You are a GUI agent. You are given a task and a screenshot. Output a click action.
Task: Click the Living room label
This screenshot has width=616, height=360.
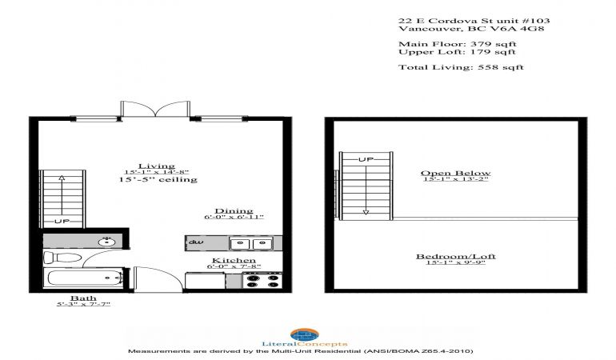click(156, 166)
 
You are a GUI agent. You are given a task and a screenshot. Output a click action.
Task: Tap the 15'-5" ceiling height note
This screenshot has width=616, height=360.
click(158, 180)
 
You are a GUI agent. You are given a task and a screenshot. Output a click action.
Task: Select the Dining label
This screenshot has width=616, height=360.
click(234, 211)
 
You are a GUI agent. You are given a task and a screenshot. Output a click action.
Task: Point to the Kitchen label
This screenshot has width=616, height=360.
click(234, 260)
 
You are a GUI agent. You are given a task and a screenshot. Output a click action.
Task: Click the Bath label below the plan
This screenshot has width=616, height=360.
click(83, 298)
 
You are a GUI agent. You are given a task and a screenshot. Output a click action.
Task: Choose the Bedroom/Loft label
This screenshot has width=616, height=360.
click(456, 256)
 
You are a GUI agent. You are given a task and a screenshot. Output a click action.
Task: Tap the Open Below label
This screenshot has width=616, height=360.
click(456, 173)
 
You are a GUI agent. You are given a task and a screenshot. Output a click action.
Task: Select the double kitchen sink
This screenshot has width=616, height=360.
click(251, 244)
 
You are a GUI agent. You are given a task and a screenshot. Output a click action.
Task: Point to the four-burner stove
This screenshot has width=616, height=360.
click(262, 281)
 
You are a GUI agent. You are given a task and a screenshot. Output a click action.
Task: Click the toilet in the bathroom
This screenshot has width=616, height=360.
click(62, 258)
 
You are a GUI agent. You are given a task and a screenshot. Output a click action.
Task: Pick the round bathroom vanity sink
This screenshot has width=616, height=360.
click(106, 242)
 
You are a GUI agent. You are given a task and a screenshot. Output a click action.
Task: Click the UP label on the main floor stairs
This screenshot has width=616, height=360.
click(62, 222)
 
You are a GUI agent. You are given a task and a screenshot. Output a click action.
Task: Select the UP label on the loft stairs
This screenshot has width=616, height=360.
click(366, 159)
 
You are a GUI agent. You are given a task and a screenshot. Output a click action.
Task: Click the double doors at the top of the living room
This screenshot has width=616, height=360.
click(155, 109)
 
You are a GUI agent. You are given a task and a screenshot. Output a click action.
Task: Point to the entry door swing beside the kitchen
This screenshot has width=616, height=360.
click(158, 279)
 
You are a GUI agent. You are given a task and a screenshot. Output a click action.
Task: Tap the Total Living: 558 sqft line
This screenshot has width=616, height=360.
click(461, 67)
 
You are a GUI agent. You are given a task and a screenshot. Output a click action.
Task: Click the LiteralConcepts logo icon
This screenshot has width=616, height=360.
click(305, 335)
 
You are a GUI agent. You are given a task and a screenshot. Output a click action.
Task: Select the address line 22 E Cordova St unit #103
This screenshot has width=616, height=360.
click(474, 21)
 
